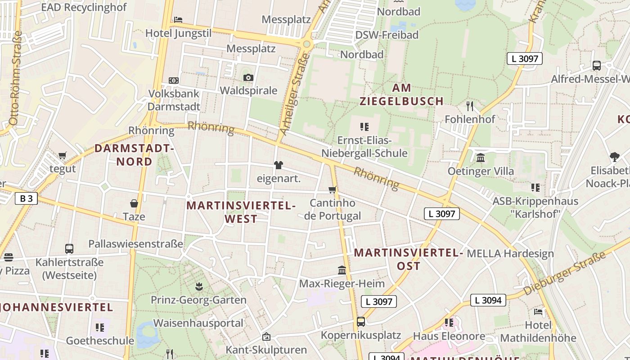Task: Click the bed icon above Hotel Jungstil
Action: coord(178,20)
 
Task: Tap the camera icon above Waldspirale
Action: coord(248,77)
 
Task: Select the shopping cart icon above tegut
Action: coord(63,156)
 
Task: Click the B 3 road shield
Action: coord(26,198)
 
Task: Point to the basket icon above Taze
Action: coord(134,203)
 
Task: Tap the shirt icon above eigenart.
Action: coord(279,165)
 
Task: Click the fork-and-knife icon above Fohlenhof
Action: coord(470,106)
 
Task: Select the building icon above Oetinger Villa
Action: coord(481,158)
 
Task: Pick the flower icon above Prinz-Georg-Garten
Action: coord(198,286)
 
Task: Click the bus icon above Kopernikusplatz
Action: coord(360,322)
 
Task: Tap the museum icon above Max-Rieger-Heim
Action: coord(342,270)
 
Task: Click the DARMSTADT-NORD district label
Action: coord(134,155)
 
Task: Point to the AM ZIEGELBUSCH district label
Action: coord(401,94)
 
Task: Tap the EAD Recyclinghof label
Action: coord(84,7)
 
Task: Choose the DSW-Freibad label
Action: coord(387,35)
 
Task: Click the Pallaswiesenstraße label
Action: coord(135,243)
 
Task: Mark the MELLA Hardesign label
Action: coord(510,253)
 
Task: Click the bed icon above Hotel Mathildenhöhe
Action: coord(538,311)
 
